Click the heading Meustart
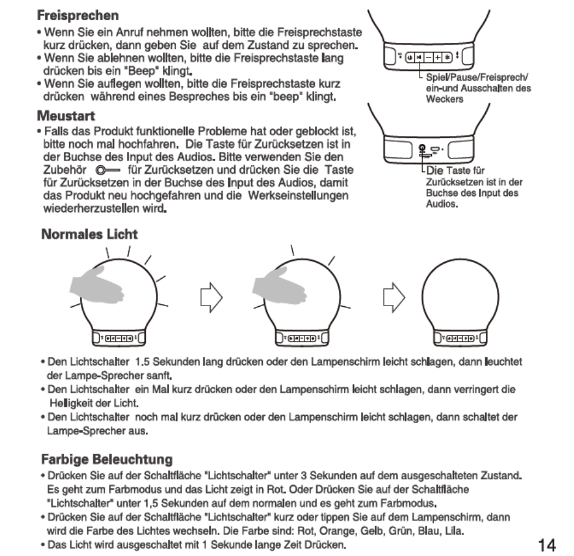point(66,116)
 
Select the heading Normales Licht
point(89,234)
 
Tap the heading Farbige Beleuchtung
point(107,459)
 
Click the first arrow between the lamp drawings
point(210,298)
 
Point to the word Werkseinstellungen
point(299,195)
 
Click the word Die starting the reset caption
point(434,171)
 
